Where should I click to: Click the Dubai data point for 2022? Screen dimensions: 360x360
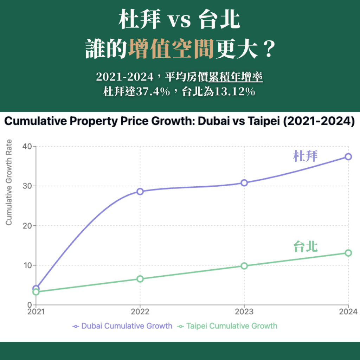(x=140, y=192)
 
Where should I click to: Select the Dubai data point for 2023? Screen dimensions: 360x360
(x=244, y=183)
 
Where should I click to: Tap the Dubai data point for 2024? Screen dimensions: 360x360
(x=348, y=156)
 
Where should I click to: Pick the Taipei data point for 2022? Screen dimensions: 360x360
(x=140, y=279)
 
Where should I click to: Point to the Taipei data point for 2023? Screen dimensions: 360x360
(x=244, y=266)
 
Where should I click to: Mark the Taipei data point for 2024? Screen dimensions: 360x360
(x=348, y=253)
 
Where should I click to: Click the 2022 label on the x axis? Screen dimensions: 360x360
(x=140, y=311)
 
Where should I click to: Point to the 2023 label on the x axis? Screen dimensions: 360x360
(x=244, y=311)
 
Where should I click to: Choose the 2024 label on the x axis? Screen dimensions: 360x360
(x=348, y=311)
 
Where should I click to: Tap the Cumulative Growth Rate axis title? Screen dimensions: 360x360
(x=9, y=182)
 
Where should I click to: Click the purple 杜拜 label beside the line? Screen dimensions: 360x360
(x=305, y=156)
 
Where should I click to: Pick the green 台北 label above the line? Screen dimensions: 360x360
(x=305, y=246)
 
